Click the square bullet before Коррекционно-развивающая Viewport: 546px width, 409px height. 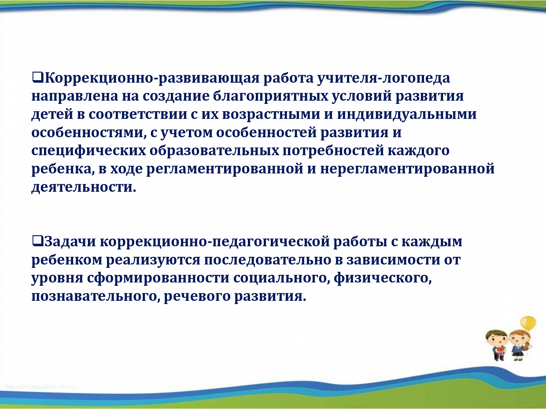pos(37,78)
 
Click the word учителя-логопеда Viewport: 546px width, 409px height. pos(384,78)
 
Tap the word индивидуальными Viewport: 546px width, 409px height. pos(407,115)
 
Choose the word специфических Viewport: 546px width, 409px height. pos(89,151)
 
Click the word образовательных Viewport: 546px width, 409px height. pos(214,150)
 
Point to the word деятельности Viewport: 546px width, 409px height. pos(84,187)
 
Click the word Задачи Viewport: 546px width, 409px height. pos(70,241)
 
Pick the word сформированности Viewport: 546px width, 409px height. pos(158,278)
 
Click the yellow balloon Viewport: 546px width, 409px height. pos(528,323)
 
